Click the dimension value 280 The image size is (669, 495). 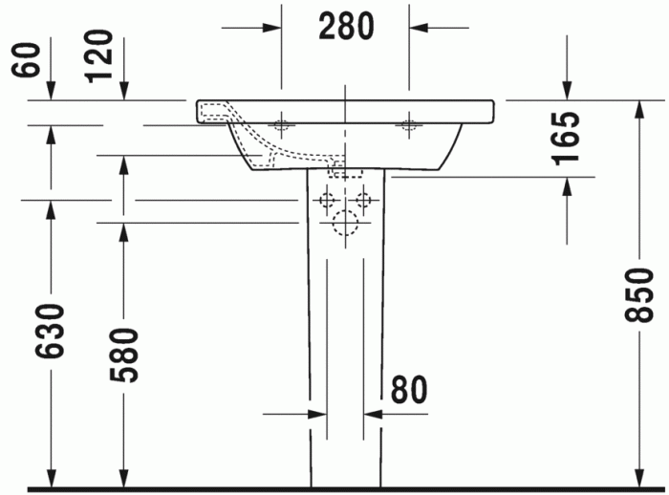(345, 27)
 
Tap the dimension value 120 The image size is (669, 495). (102, 54)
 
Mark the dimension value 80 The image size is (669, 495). (408, 389)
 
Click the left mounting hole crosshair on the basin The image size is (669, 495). (283, 123)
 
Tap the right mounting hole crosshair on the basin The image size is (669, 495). (409, 123)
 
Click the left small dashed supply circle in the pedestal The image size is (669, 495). (326, 201)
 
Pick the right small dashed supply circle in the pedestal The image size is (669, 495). (363, 201)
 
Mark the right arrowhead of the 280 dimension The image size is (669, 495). (419, 28)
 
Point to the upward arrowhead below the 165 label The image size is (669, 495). (568, 186)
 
